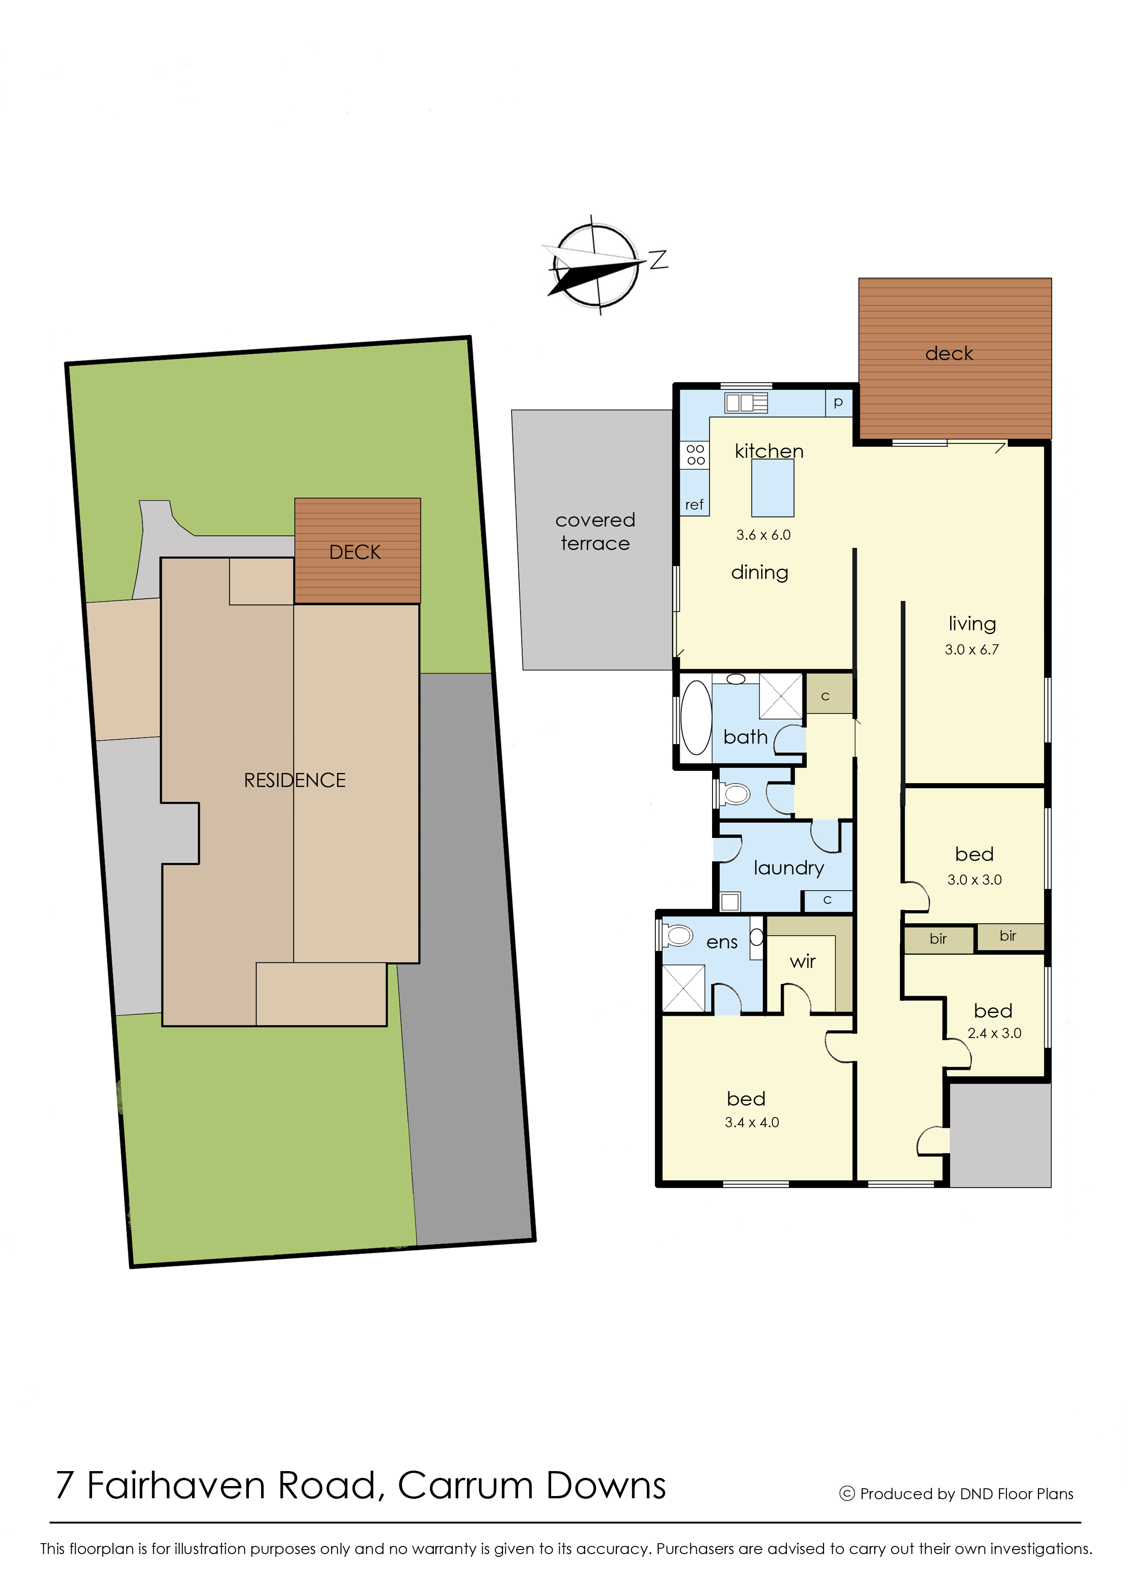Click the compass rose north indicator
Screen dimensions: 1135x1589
click(658, 259)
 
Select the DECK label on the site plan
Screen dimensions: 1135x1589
click(355, 552)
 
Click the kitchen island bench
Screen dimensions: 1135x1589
click(772, 487)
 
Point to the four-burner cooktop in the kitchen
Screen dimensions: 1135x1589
click(695, 454)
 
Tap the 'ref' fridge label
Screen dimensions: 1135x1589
click(694, 505)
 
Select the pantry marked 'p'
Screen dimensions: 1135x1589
click(839, 403)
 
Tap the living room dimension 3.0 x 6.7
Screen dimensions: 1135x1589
click(971, 649)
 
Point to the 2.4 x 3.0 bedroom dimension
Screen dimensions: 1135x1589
click(994, 1033)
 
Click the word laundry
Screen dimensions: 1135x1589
click(788, 868)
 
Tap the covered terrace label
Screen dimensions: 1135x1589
click(595, 531)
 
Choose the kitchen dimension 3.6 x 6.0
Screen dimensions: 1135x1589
click(763, 535)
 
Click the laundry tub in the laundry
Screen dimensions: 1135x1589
click(730, 901)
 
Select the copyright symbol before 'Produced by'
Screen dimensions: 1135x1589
click(847, 1493)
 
